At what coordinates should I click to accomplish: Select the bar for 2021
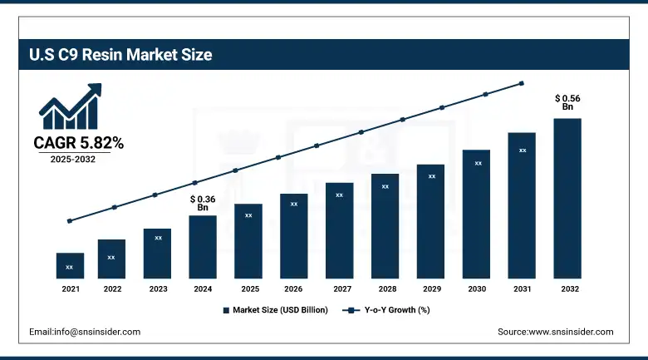[x=70, y=265]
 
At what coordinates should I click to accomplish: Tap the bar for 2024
[x=203, y=246]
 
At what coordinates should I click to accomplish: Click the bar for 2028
[x=385, y=225]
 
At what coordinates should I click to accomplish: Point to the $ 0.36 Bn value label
[x=203, y=203]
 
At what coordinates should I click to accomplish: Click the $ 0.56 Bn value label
[x=567, y=102]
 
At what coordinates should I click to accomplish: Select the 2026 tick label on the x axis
[x=293, y=289]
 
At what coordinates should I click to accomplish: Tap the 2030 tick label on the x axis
[x=476, y=289]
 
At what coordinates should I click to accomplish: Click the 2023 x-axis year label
[x=158, y=289]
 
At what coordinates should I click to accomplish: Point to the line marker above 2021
[x=70, y=221]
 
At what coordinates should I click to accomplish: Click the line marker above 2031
[x=522, y=83]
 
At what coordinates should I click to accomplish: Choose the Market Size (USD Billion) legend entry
[x=276, y=310]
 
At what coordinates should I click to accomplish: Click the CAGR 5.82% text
[x=78, y=143]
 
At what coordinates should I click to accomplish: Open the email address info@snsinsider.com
[x=85, y=332]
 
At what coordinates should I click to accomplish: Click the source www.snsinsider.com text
[x=555, y=332]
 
